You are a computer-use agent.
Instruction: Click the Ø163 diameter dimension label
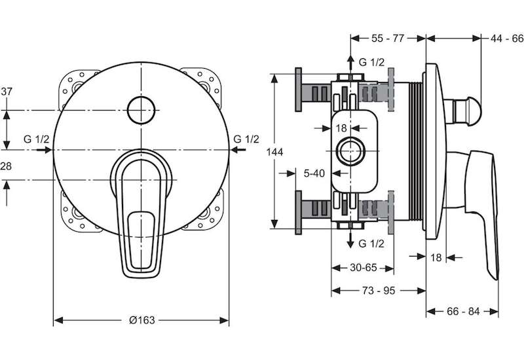coord(142,320)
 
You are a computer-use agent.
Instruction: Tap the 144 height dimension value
coord(274,152)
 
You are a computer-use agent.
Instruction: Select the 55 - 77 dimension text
coord(388,39)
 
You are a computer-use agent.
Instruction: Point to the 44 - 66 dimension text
coord(506,39)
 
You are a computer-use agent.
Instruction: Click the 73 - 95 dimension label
coord(379,291)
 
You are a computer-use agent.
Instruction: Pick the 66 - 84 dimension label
coord(463,312)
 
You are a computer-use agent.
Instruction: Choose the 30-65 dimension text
coord(364,268)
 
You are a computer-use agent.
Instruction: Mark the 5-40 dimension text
coord(314,173)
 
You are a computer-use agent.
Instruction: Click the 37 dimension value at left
coord(7,91)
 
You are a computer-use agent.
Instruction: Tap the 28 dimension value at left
coord(6,166)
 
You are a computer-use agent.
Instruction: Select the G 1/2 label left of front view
coord(37,139)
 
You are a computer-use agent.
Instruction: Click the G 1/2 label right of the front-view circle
coord(246,139)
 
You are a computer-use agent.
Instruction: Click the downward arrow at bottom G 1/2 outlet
coord(350,239)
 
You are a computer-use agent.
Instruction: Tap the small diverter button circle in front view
coord(141,110)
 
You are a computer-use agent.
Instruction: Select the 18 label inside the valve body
coord(341,128)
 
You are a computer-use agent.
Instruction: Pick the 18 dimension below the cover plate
coord(436,257)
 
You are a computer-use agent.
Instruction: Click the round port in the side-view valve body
coord(350,151)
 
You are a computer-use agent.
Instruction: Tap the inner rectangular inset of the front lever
coord(141,240)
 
